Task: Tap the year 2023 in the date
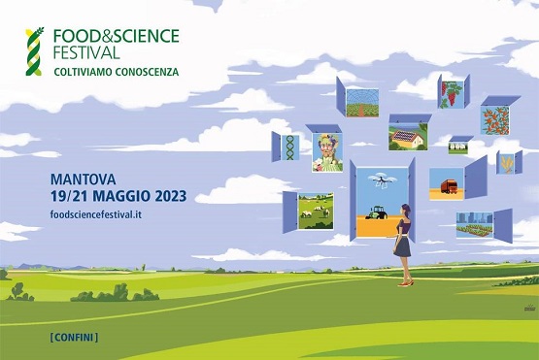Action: (x=167, y=197)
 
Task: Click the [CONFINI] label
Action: (x=73, y=337)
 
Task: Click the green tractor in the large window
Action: (x=377, y=214)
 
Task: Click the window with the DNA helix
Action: (x=289, y=147)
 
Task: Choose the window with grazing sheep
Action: (x=316, y=209)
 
